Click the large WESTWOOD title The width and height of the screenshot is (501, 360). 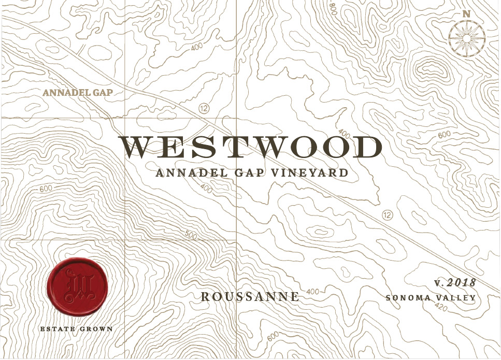pos(250,148)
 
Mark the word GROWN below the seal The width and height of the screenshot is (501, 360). pos(96,328)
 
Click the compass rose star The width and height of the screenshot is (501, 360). pos(466,38)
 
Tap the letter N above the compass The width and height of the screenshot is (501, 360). pos(466,14)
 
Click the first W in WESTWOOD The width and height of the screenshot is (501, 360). pos(137,148)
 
